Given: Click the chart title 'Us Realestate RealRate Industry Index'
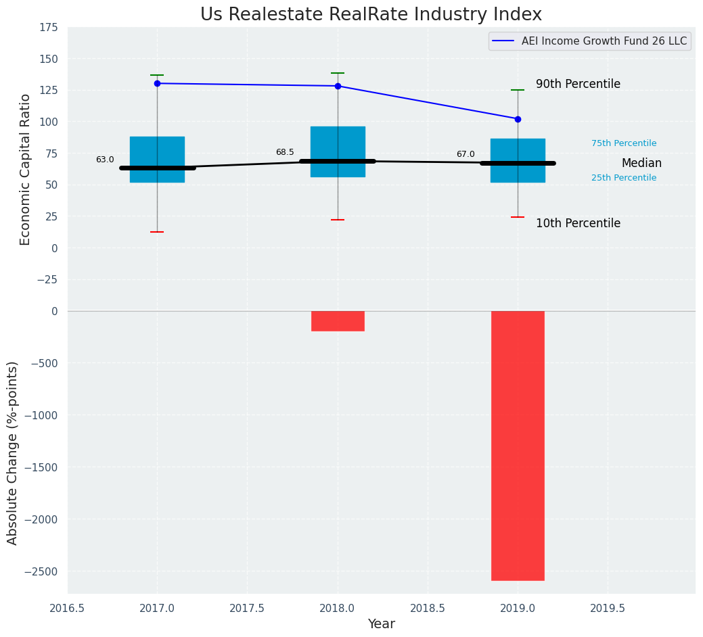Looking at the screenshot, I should (x=371, y=15).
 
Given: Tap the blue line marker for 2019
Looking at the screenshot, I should (x=518, y=119).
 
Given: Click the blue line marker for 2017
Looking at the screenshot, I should (x=157, y=83).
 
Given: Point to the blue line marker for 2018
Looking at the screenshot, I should (x=338, y=86).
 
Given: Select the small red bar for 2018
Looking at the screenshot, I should (x=338, y=321).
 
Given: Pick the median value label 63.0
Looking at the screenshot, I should (x=105, y=160).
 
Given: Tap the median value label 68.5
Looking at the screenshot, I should (x=285, y=153).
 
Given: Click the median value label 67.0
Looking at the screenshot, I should (x=466, y=155).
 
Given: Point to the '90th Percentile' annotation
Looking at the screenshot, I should (x=578, y=85).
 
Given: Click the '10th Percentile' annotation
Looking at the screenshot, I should (x=578, y=224).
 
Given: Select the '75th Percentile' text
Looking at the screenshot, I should (x=624, y=143).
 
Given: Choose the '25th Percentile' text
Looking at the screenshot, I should (x=624, y=178).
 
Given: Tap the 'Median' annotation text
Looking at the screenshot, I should (x=641, y=164).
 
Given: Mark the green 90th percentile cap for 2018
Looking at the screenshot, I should (x=338, y=73).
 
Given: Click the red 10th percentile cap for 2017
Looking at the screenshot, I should (x=157, y=232).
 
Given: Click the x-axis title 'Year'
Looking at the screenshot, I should (x=381, y=624).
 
